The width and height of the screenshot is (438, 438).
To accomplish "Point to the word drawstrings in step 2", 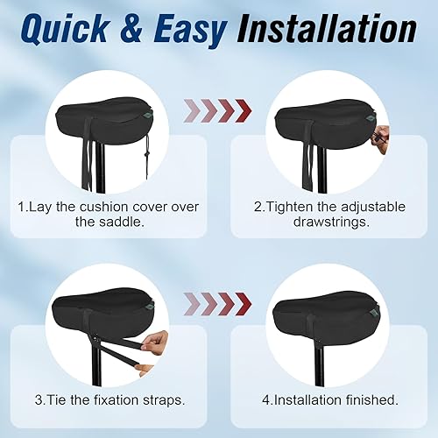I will (x=328, y=223).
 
